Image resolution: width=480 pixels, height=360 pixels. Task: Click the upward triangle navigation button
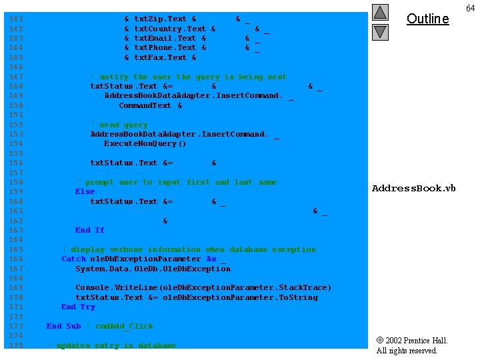tap(380, 12)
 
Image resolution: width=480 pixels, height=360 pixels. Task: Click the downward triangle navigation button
tap(380, 31)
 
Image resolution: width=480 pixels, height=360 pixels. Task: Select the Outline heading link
tap(427, 19)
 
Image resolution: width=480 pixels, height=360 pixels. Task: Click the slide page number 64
tap(470, 7)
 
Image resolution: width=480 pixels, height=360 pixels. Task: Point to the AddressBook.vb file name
tap(413, 188)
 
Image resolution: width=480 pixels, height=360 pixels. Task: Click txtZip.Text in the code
tap(160, 19)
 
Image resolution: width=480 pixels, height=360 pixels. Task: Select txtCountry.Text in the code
tap(170, 29)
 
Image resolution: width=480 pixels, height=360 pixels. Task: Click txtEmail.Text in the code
tap(165, 39)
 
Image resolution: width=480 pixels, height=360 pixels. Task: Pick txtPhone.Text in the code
tap(165, 48)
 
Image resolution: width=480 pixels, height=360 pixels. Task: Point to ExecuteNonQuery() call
tap(145, 143)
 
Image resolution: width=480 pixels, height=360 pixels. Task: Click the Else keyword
tap(85, 191)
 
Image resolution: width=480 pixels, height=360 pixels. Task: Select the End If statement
tap(89, 230)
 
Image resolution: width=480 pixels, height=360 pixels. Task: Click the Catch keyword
tap(73, 259)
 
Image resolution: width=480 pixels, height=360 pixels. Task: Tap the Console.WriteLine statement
tap(203, 287)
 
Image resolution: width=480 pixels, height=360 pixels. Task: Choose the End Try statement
tap(78, 307)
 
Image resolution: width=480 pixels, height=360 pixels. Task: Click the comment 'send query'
tap(119, 125)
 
